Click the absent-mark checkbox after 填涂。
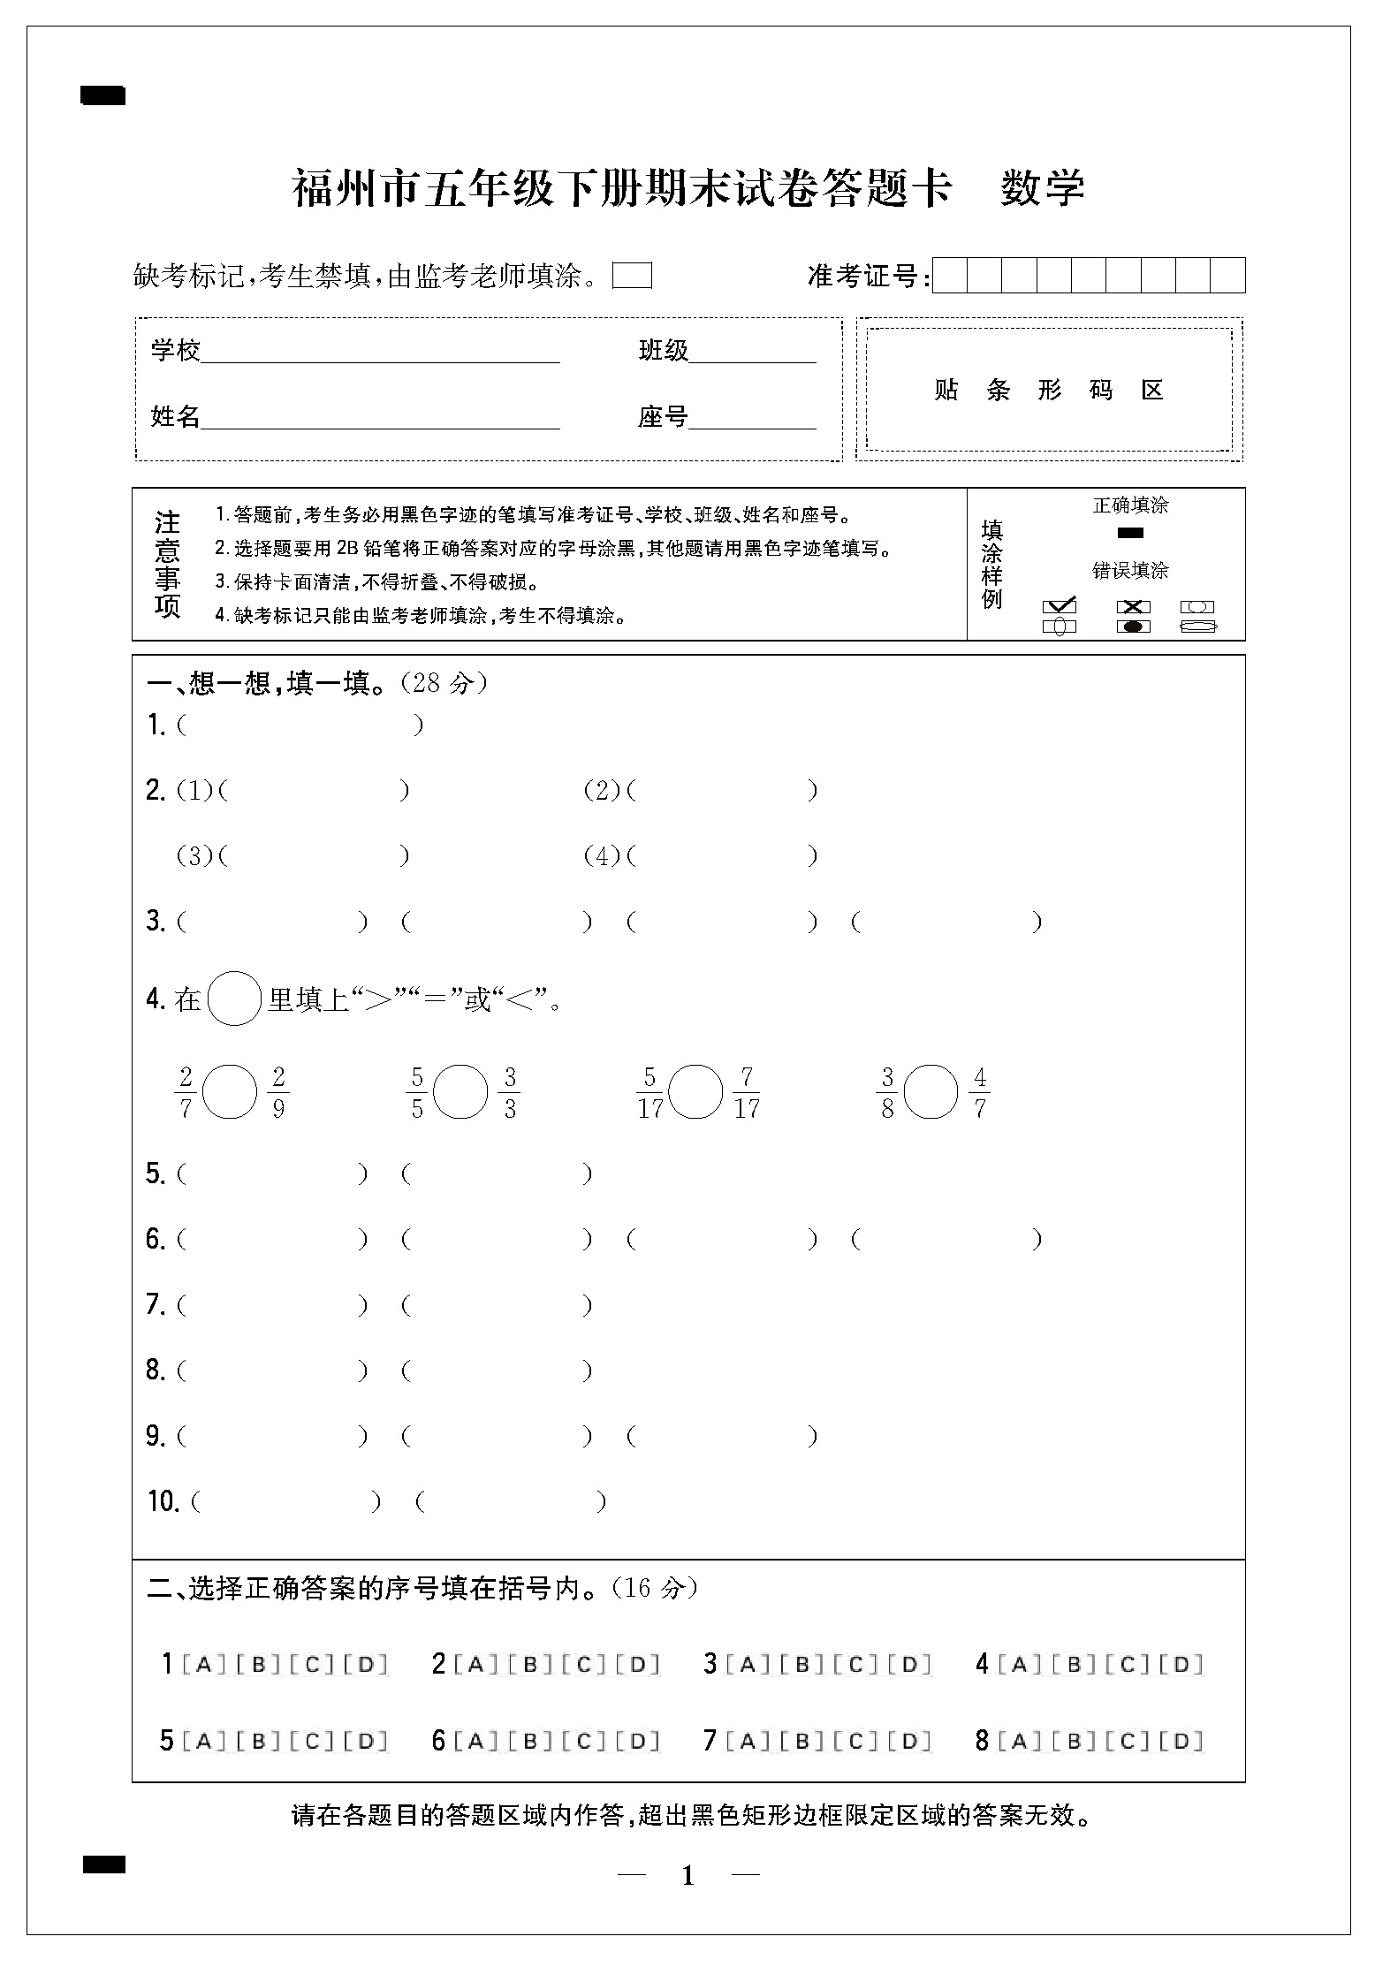click(x=632, y=277)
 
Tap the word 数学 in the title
click(x=1043, y=187)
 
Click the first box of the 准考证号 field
click(x=950, y=276)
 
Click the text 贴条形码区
click(x=1049, y=390)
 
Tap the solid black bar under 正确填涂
click(x=1130, y=533)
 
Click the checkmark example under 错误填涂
click(x=1060, y=606)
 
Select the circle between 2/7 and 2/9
click(x=230, y=1091)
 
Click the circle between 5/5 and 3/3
click(x=461, y=1091)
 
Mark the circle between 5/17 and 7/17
click(x=695, y=1091)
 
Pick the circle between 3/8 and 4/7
click(x=932, y=1091)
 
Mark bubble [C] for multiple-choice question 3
click(x=855, y=1665)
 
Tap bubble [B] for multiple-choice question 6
click(x=530, y=1741)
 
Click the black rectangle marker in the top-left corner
click(x=103, y=95)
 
